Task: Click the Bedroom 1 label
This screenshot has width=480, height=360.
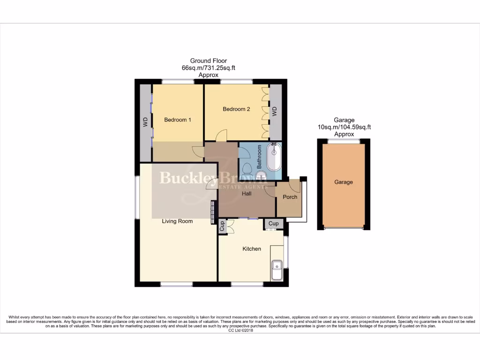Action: click(x=177, y=120)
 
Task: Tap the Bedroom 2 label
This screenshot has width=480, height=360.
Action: click(x=236, y=109)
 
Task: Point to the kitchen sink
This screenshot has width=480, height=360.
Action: click(x=276, y=270)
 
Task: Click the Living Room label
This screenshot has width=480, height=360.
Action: click(x=177, y=221)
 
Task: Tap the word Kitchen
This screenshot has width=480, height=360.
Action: click(x=252, y=248)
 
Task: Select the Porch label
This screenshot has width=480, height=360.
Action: click(x=290, y=197)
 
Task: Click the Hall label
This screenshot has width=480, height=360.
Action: click(x=247, y=193)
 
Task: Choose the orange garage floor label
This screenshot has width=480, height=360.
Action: click(x=344, y=182)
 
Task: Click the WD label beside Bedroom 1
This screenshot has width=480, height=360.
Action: click(x=145, y=122)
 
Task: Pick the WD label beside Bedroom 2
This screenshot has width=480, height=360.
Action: click(x=275, y=112)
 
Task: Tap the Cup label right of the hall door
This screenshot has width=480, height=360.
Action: click(x=274, y=224)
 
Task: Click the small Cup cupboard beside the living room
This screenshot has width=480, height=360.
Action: click(x=223, y=226)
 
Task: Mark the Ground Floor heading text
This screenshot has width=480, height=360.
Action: click(x=208, y=60)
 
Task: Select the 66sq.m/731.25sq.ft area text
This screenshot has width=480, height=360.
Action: click(x=208, y=67)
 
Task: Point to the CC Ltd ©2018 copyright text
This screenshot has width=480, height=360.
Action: click(x=240, y=330)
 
